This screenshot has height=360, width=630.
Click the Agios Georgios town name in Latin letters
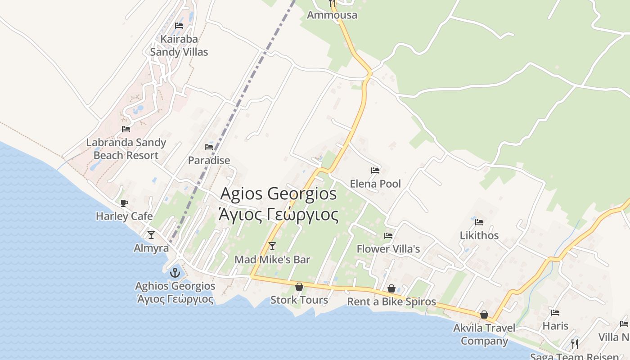tap(279, 194)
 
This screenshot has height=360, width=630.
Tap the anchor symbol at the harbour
tap(175, 272)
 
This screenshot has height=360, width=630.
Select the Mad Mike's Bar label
tap(272, 260)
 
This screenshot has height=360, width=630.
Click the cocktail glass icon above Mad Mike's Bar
tap(272, 246)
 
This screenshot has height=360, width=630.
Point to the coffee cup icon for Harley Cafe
tap(124, 203)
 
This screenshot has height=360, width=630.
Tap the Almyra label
tap(151, 248)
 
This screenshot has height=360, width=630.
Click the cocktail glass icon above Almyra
tap(151, 234)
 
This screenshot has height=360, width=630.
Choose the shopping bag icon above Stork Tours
tap(299, 287)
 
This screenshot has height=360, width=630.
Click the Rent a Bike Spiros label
tap(391, 301)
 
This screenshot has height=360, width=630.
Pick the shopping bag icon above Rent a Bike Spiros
tap(391, 288)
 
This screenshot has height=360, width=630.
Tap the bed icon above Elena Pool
tap(375, 171)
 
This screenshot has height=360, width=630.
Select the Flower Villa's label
tap(388, 249)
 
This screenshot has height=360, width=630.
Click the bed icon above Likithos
tap(479, 222)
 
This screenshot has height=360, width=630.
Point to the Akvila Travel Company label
tap(484, 334)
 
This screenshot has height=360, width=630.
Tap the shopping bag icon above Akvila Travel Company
tap(484, 315)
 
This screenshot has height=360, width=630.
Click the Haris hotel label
tap(555, 326)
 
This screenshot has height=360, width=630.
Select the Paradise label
tap(209, 160)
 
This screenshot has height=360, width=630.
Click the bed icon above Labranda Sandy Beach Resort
tap(126, 129)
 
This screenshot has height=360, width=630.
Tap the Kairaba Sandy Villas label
tap(179, 45)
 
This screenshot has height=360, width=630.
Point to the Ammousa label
tap(332, 15)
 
